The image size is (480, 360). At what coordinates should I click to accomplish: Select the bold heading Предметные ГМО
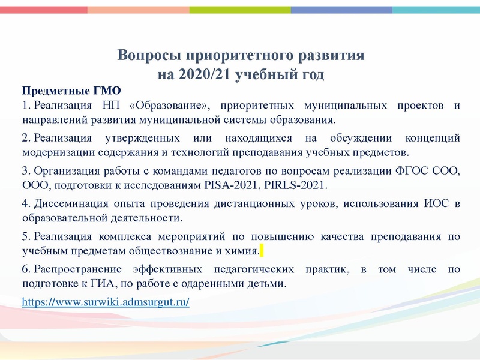pos(71,91)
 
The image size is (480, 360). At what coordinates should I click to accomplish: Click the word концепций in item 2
pos(431,138)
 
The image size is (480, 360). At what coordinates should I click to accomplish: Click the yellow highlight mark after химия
pos(262,250)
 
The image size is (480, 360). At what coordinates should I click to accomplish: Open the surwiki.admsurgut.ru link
pos(106,302)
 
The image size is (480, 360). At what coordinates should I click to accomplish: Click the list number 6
pos(25,269)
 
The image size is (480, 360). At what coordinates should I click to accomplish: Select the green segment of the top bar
pos(240,10)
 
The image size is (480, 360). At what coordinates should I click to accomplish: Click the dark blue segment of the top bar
pos(342,10)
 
